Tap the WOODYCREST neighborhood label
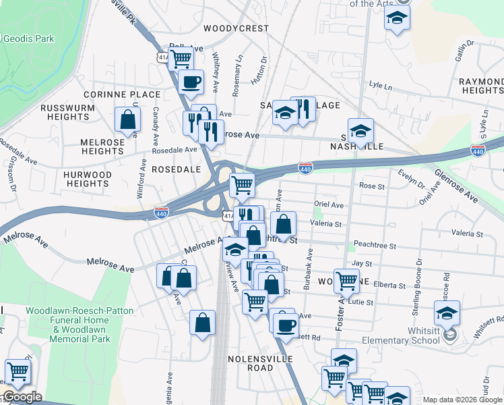[236, 29]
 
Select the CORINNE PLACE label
[122, 94]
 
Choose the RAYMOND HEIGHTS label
[481, 86]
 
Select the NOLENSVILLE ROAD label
[251, 362]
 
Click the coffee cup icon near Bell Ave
[190, 82]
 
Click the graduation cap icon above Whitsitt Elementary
[447, 312]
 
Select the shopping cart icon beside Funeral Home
[18, 370]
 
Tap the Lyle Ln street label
[381, 86]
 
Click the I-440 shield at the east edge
[478, 151]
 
